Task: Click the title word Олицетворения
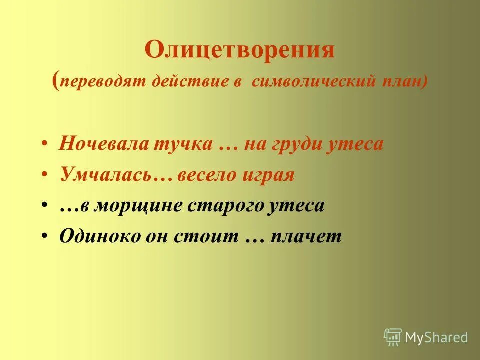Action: [x=239, y=50]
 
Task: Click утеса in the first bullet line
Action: [x=356, y=144]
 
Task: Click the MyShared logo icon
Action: [x=393, y=337]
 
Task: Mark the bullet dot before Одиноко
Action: [x=45, y=236]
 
